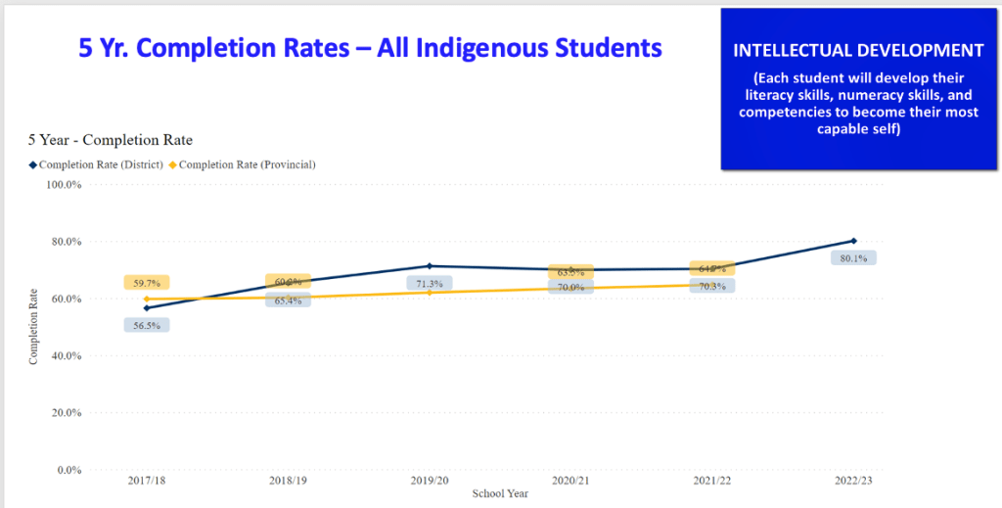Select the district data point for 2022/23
[x=854, y=241]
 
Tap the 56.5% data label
[x=147, y=325]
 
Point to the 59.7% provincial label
[x=147, y=283]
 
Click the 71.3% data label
[x=430, y=284]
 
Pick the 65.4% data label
[x=288, y=300]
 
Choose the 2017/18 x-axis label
[x=147, y=482]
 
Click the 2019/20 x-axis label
[x=430, y=482]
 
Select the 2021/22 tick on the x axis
[x=712, y=482]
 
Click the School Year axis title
[x=500, y=494]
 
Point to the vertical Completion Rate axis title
[x=34, y=326]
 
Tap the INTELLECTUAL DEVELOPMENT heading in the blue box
[x=858, y=50]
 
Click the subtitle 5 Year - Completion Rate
[x=110, y=141]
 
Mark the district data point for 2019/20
[x=430, y=266]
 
